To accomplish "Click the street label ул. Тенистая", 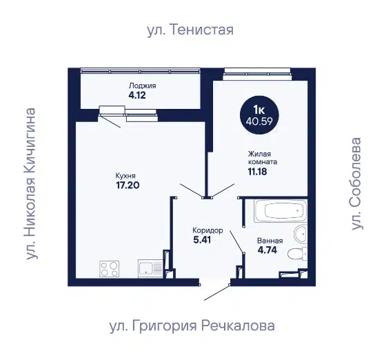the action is click(190, 30).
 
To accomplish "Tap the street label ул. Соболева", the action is click(356, 184).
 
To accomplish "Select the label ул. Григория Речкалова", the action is click(192, 326).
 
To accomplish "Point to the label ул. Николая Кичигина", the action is click(31, 183).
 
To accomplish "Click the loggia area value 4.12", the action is click(137, 95).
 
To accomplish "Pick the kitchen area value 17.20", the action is click(128, 185).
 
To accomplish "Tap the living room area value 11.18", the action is click(257, 172).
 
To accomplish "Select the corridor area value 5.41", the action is click(202, 240).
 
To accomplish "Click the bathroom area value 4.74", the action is click(267, 250).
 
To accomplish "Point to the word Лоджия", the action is click(143, 86).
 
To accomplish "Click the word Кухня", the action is click(125, 176).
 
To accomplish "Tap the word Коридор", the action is click(208, 230).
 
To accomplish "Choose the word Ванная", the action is click(270, 241).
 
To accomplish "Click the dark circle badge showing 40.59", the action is click(259, 115).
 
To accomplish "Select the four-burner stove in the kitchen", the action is click(110, 269).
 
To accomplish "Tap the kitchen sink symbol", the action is click(150, 268).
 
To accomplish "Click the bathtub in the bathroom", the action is click(281, 211).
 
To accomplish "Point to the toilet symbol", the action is click(297, 254).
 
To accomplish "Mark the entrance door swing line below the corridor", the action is click(216, 292).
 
